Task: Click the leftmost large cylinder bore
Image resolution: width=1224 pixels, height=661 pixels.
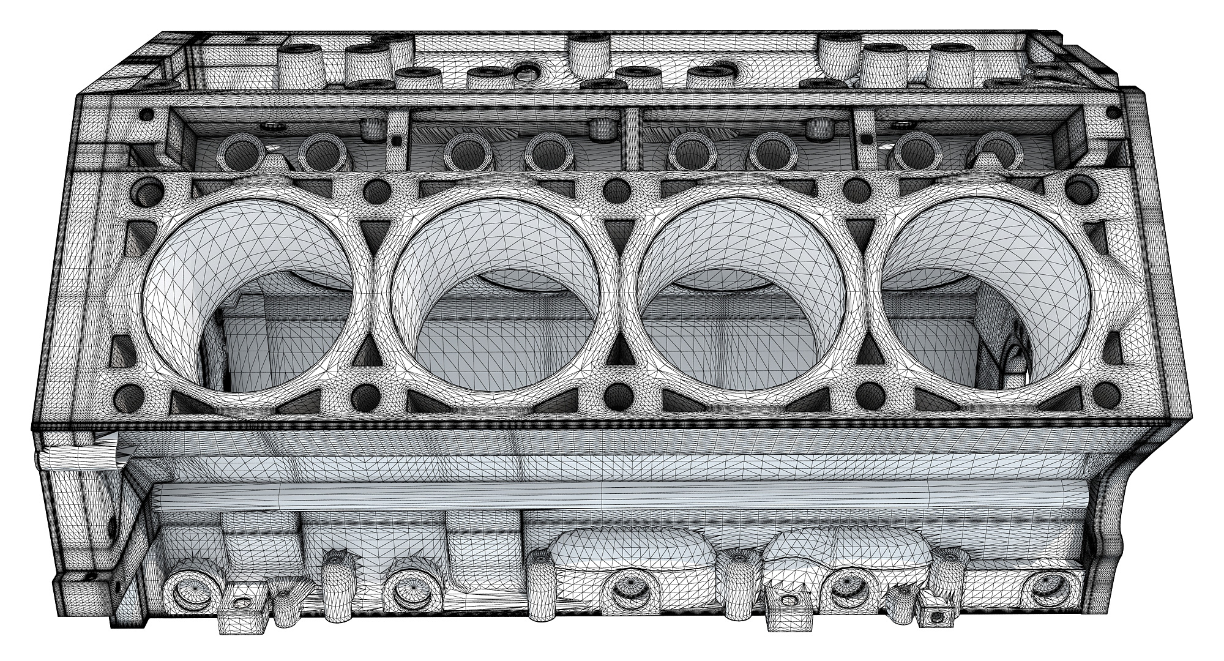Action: pos(248,300)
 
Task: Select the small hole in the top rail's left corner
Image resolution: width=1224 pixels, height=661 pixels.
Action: pos(147,114)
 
